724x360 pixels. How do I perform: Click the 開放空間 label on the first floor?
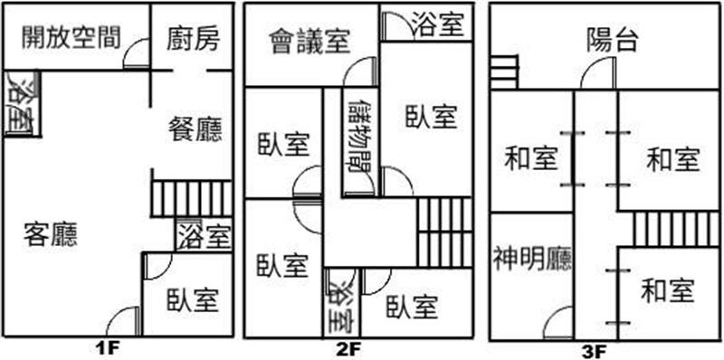tap(71, 37)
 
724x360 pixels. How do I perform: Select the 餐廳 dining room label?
tap(195, 128)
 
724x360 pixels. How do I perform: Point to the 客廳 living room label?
tap(51, 233)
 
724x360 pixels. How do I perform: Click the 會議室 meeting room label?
tap(310, 42)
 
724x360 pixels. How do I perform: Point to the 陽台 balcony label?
tap(613, 41)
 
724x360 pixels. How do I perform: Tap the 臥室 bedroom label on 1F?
tap(193, 299)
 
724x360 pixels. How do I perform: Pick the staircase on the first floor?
tap(192, 199)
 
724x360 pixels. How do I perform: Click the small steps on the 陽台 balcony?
tap(504, 71)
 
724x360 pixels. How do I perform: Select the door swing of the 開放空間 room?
tap(138, 53)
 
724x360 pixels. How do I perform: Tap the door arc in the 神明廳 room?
tap(559, 323)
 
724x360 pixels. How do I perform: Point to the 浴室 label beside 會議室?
tap(437, 24)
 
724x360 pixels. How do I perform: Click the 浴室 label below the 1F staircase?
tap(203, 236)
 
